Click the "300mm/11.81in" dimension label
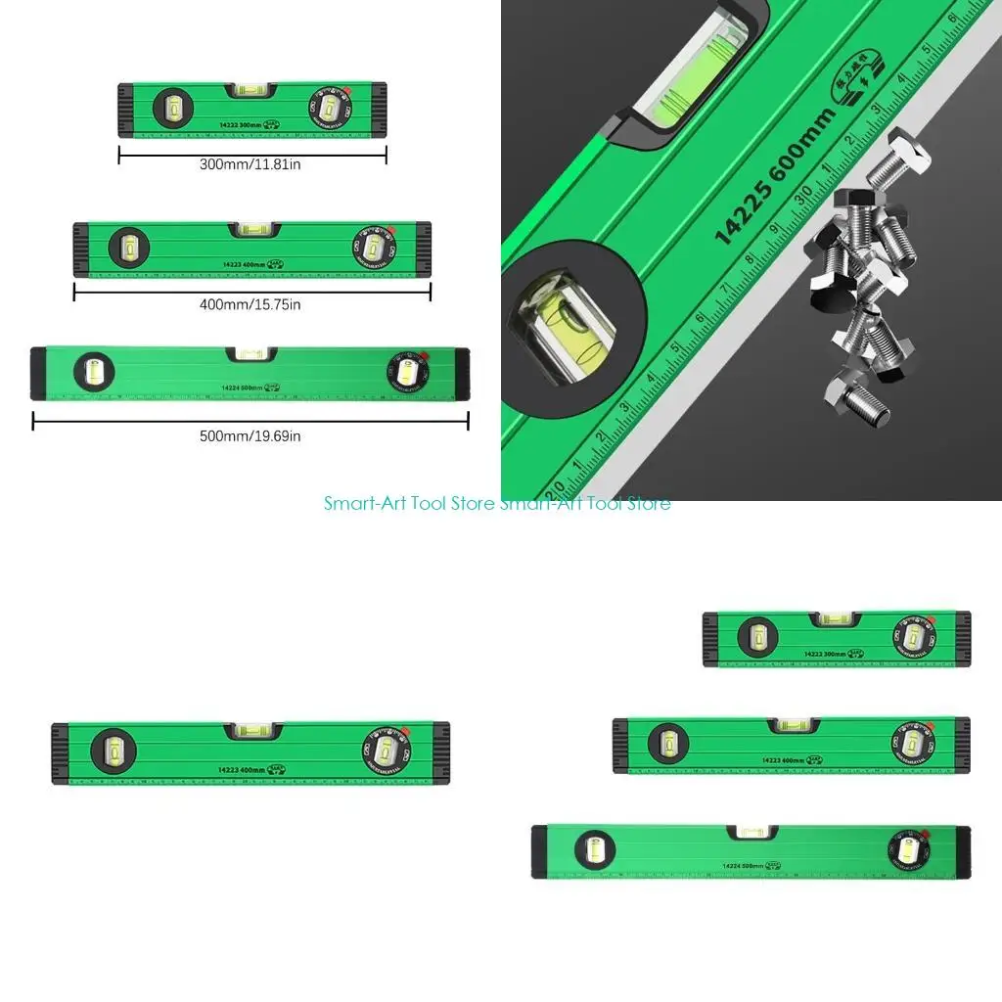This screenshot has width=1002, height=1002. click(250, 165)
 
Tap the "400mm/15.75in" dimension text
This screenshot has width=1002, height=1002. click(250, 304)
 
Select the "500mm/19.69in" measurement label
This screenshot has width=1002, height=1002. click(250, 436)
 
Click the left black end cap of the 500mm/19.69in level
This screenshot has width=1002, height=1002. click(38, 373)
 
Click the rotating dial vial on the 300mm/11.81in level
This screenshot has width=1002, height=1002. click(329, 107)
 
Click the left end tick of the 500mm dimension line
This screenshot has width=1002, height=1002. click(33, 421)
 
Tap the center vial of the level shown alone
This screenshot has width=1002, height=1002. click(250, 730)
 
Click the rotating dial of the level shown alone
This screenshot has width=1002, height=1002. click(387, 749)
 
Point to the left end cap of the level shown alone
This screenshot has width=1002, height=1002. click(59, 753)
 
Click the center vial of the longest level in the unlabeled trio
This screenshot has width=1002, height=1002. click(752, 833)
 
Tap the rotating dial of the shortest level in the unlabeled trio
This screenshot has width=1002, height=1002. click(913, 636)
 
